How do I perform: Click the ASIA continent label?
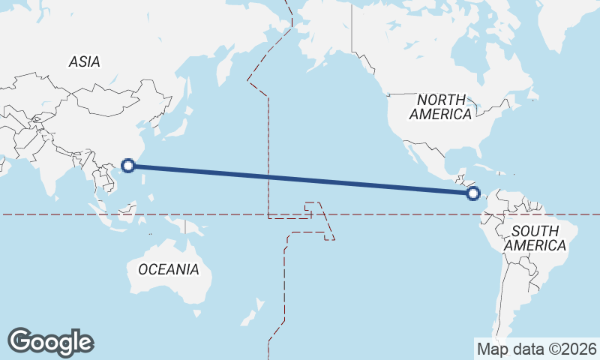point(84,62)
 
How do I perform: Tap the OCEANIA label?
point(168,269)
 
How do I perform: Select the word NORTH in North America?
point(441,100)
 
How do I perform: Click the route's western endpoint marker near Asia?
point(128,165)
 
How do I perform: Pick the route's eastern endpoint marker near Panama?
point(472,193)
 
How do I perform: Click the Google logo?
point(50,342)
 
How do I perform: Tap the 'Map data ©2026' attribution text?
point(537,349)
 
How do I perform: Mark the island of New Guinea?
point(190,226)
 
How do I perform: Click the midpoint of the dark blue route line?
point(300,179)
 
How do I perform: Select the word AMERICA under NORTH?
point(441,115)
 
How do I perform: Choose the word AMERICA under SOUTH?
point(535,246)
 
